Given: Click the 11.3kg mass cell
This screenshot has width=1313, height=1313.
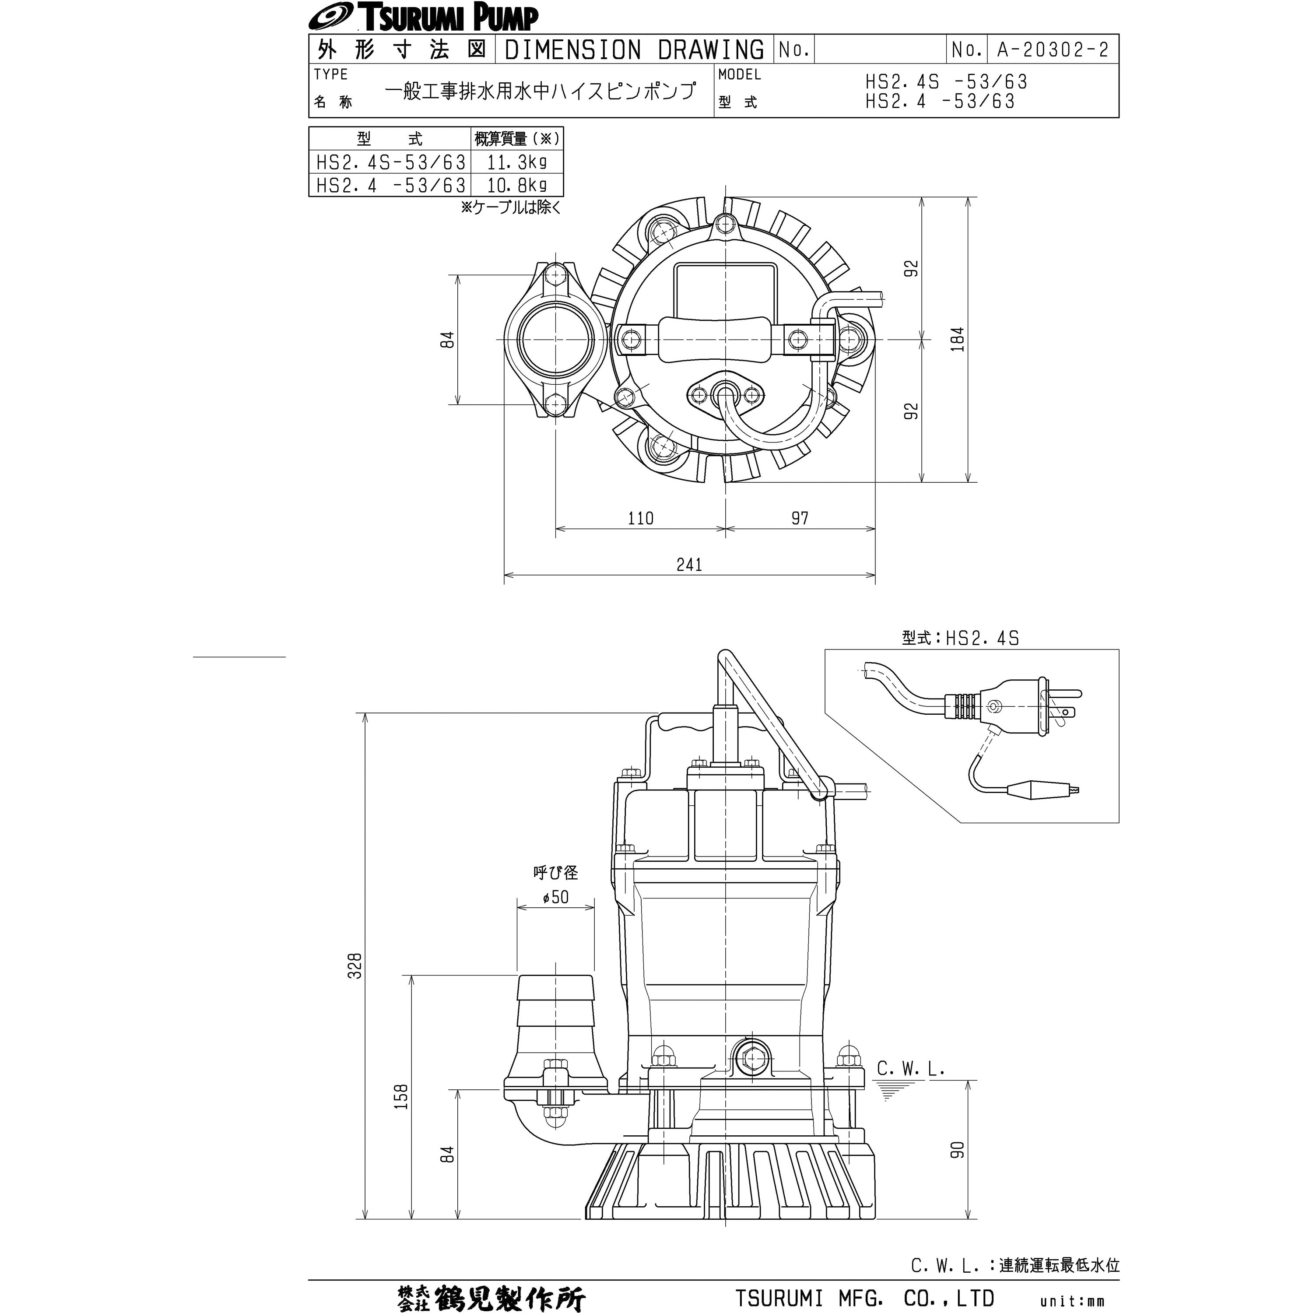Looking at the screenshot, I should (x=516, y=162).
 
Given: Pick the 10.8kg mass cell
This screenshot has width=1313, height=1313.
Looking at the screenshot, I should (x=516, y=185).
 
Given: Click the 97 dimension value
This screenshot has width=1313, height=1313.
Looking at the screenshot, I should (x=800, y=518).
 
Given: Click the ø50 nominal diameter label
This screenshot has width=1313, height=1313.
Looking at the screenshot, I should (x=555, y=897).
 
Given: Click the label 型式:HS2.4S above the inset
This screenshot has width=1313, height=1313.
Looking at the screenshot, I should (x=960, y=638).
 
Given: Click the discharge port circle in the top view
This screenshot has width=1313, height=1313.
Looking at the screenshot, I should (x=555, y=339).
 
